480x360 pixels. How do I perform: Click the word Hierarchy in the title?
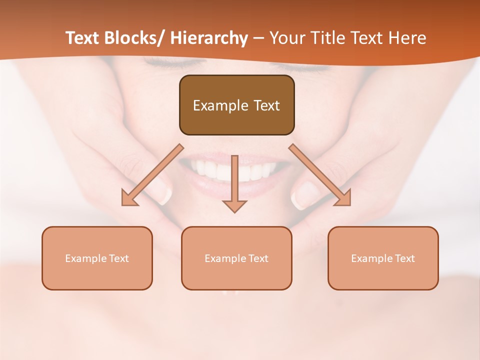209,38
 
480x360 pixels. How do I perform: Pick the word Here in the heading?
407,38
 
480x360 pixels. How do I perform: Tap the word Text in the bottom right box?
404,258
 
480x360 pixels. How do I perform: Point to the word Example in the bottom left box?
86,258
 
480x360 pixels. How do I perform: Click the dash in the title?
258,38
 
